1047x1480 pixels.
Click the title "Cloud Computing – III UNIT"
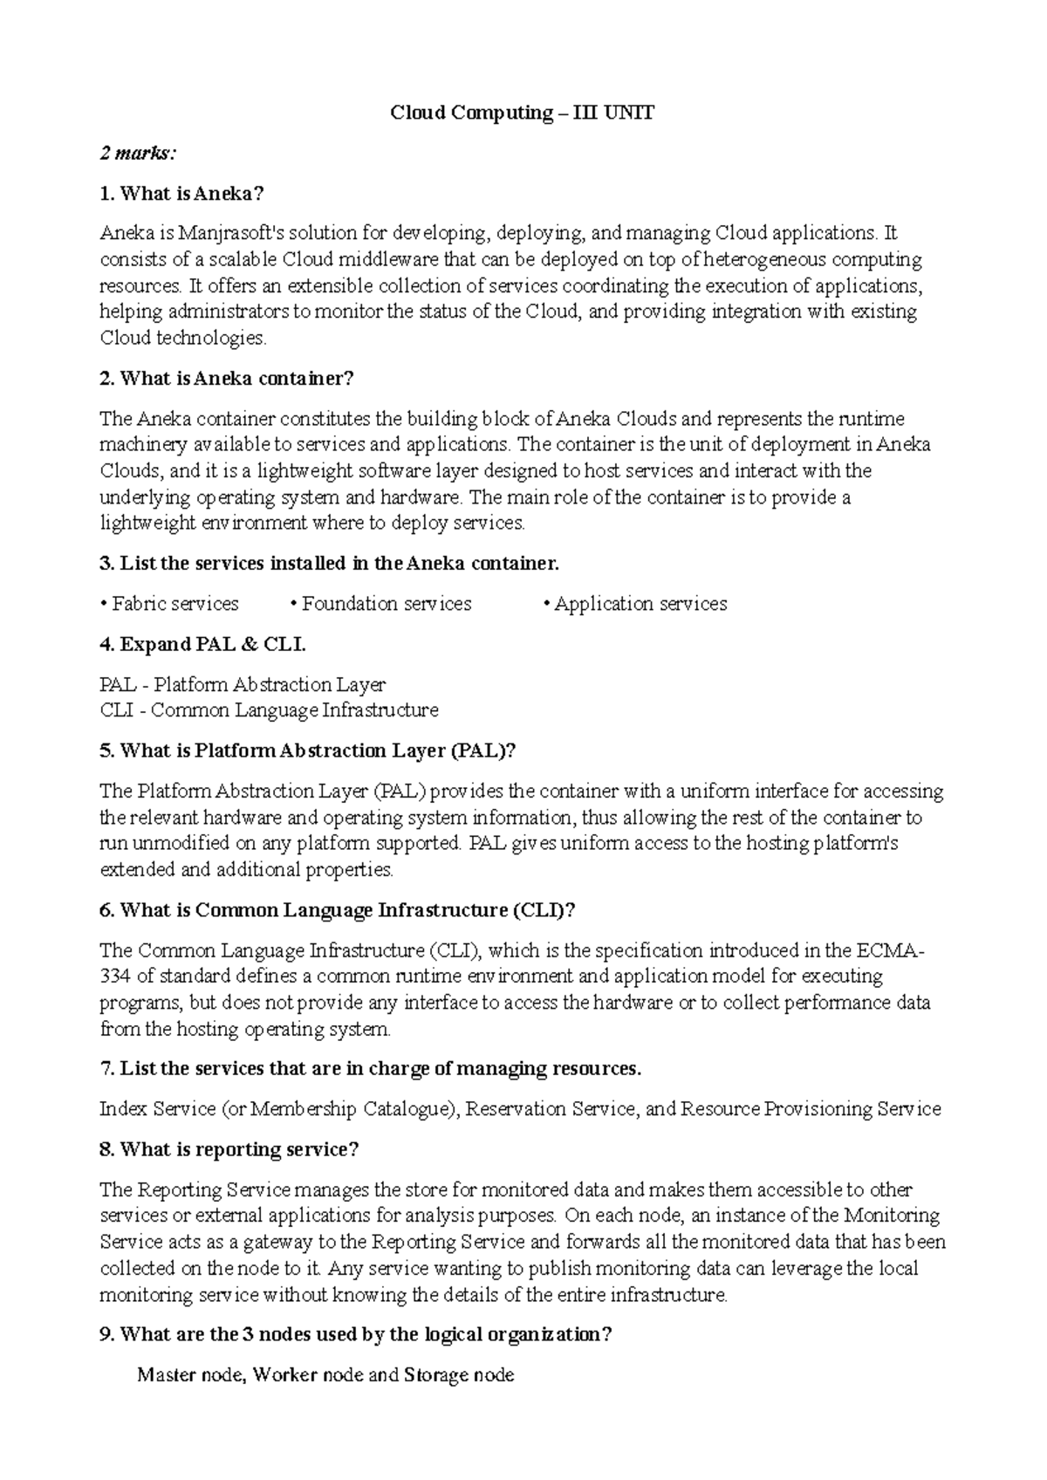(x=522, y=113)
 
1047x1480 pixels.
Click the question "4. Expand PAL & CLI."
(x=203, y=645)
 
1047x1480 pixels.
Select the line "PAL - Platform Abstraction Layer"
(x=243, y=685)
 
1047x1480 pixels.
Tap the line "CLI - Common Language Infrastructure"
(x=269, y=710)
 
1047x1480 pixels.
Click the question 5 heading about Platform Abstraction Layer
(x=309, y=751)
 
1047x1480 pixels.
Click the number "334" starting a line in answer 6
(x=115, y=976)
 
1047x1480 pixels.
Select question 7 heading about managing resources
(x=371, y=1069)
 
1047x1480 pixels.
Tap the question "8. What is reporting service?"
(x=229, y=1150)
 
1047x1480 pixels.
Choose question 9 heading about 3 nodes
(x=356, y=1335)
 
